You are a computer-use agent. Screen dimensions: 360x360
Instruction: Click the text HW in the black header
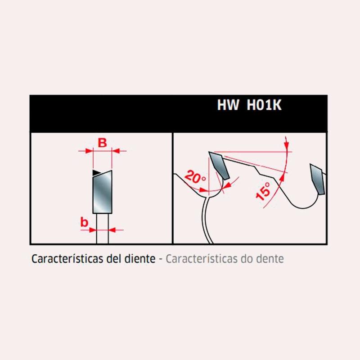(x=228, y=105)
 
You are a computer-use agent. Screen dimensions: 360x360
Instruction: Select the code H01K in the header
(x=264, y=105)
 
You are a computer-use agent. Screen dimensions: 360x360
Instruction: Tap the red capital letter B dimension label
(x=102, y=143)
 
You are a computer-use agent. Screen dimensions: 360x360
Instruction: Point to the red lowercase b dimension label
(x=84, y=222)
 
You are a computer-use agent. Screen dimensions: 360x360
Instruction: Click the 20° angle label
(x=195, y=177)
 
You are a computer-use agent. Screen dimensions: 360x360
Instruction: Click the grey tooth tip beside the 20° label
(x=219, y=165)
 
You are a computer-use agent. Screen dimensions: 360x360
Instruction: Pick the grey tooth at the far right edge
(x=318, y=179)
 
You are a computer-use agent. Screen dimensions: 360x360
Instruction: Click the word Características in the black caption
(x=67, y=259)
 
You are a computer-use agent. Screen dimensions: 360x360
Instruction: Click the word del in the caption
(x=114, y=258)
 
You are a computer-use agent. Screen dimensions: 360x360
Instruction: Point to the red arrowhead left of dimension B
(x=89, y=151)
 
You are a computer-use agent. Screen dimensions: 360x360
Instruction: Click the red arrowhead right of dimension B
(x=116, y=151)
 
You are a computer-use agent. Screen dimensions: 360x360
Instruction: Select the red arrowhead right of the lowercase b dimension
(x=112, y=229)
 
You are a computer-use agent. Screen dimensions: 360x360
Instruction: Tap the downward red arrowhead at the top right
(x=286, y=144)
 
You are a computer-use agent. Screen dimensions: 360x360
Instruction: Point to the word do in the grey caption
(x=247, y=258)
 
